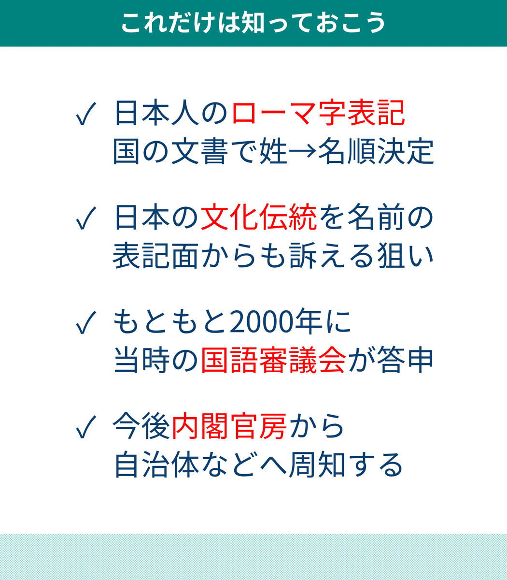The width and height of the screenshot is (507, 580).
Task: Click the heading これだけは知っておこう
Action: click(x=253, y=23)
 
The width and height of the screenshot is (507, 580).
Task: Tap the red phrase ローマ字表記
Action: click(x=318, y=114)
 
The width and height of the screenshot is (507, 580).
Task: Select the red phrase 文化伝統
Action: click(x=258, y=218)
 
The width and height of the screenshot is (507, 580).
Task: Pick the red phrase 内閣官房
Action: click(x=229, y=427)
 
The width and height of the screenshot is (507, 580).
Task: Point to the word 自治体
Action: click(x=156, y=465)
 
